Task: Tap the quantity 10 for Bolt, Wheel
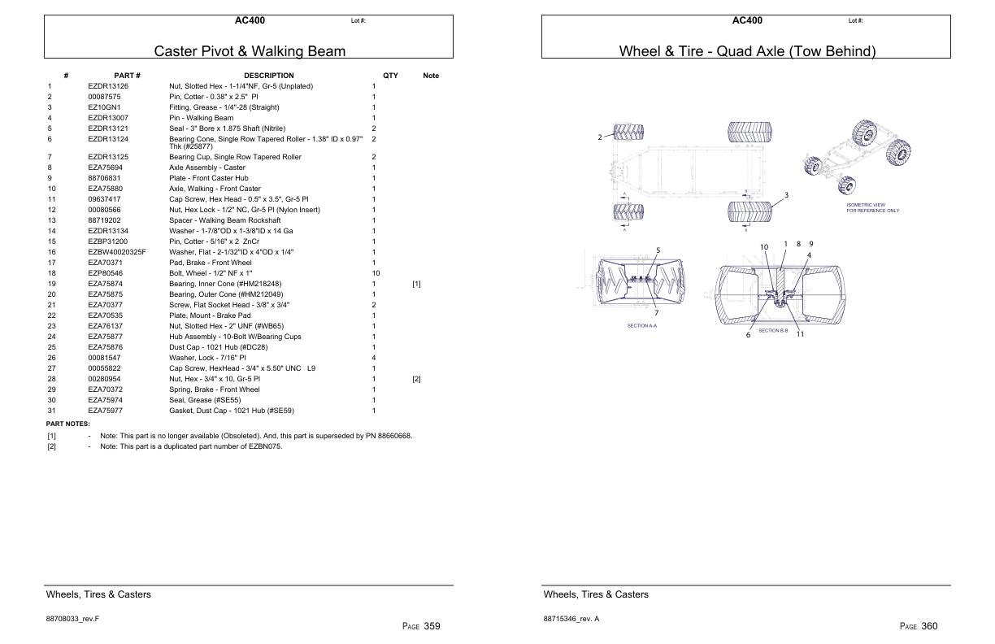point(375,273)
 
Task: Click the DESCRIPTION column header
point(268,76)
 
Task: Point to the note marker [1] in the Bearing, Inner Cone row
point(416,284)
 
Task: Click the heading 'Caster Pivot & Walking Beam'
point(250,51)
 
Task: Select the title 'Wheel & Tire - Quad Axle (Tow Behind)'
point(747,51)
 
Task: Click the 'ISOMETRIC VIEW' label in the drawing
point(866,205)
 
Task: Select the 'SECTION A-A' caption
point(641,326)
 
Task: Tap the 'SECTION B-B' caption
point(773,330)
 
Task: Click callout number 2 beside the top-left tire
point(600,137)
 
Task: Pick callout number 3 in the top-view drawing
point(786,195)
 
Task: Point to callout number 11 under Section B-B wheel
point(800,334)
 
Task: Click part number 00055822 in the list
point(104,368)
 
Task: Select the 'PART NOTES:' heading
point(68,424)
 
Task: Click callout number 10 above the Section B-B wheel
point(764,247)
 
